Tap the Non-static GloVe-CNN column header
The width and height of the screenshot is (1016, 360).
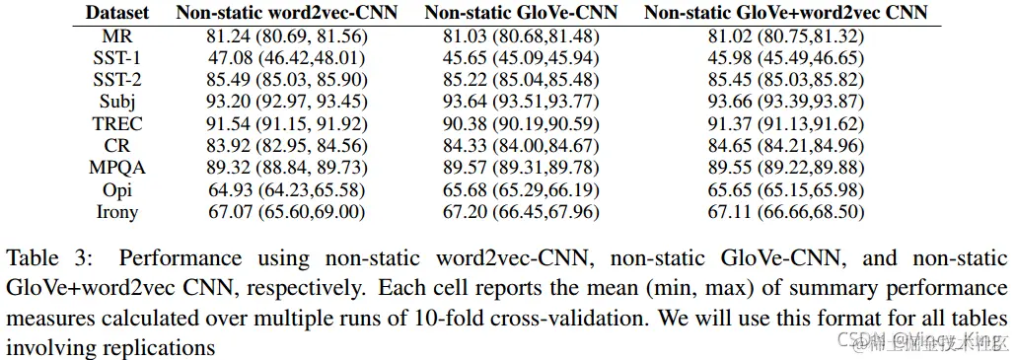coord(521,14)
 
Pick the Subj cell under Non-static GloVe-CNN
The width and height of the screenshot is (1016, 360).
coord(521,103)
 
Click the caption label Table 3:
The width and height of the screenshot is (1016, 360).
coord(48,259)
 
